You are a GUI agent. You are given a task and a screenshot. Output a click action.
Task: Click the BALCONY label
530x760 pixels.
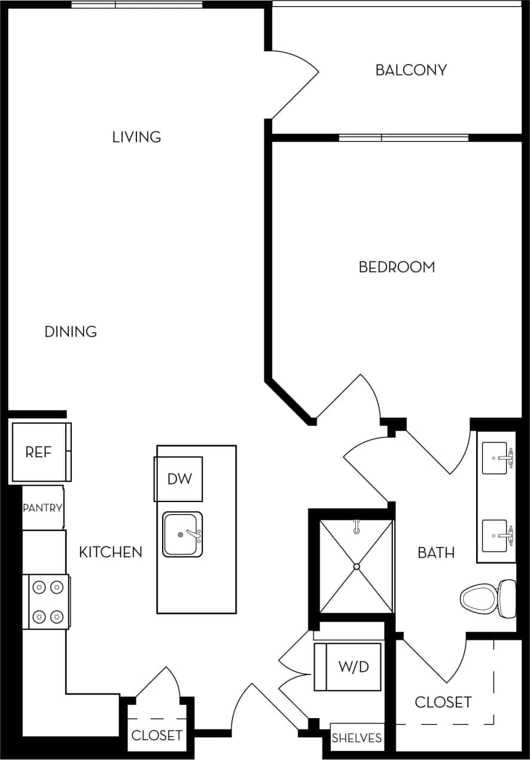pyautogui.click(x=411, y=70)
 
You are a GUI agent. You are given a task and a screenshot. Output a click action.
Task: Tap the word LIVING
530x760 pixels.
pyautogui.click(x=136, y=137)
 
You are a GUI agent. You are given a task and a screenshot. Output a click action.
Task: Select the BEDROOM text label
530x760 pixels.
pyautogui.click(x=397, y=267)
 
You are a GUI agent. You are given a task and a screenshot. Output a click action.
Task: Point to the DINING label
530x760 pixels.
pyautogui.click(x=71, y=332)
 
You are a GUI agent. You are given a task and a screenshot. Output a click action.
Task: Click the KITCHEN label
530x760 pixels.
pyautogui.click(x=111, y=552)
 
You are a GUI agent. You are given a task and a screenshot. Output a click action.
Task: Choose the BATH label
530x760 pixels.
pyautogui.click(x=435, y=553)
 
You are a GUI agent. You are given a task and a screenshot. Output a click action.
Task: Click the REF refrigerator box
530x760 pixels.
pyautogui.click(x=39, y=452)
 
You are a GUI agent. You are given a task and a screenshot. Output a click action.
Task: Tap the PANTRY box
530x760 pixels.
pyautogui.click(x=42, y=508)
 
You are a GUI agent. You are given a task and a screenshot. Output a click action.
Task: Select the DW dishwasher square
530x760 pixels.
pyautogui.click(x=179, y=479)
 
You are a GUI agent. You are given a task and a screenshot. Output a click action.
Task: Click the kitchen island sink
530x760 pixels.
pyautogui.click(x=182, y=534)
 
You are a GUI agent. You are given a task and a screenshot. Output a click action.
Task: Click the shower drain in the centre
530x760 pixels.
pyautogui.click(x=357, y=566)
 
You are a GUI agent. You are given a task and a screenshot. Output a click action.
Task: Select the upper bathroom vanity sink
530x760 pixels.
pyautogui.click(x=497, y=458)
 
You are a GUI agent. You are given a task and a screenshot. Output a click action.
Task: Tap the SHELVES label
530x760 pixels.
pyautogui.click(x=357, y=738)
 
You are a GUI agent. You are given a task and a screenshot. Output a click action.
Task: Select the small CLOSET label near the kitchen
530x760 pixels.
pyautogui.click(x=156, y=735)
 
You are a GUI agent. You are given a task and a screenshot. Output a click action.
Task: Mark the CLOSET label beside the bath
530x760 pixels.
pyautogui.click(x=443, y=702)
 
